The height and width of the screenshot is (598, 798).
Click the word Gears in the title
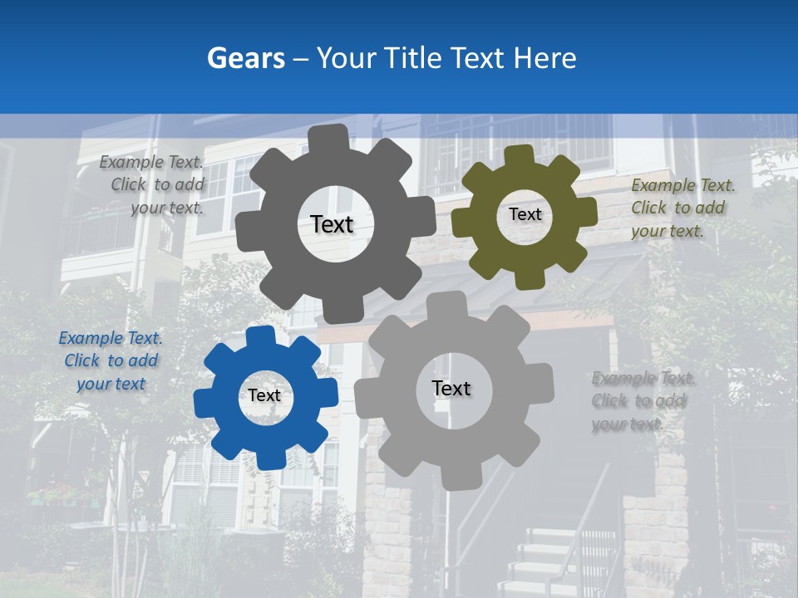(x=241, y=58)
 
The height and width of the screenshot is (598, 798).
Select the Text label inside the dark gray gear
(x=332, y=224)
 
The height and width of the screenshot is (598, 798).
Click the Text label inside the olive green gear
(x=525, y=214)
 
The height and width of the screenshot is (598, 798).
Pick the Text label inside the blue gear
(x=264, y=395)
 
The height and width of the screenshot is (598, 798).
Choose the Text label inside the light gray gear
(x=451, y=388)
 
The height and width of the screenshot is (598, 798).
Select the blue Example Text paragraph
(x=111, y=361)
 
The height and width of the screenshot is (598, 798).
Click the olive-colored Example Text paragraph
(x=682, y=208)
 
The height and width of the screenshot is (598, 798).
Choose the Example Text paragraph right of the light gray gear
(x=642, y=401)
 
